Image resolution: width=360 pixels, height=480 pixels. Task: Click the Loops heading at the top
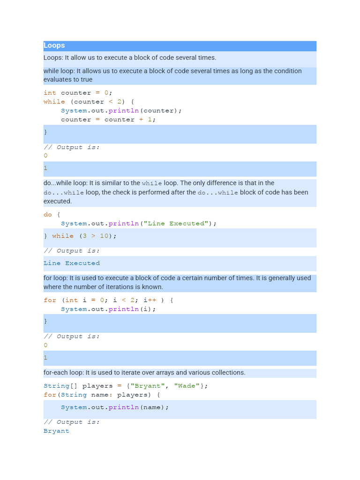[54, 45]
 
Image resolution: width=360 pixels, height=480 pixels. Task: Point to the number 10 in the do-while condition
[104, 236]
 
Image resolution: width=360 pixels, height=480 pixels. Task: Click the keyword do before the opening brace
[48, 215]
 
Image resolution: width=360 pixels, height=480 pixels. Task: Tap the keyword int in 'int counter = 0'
[50, 93]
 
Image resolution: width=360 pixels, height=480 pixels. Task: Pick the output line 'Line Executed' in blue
[71, 263]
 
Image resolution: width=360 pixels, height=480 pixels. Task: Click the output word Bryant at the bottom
[56, 431]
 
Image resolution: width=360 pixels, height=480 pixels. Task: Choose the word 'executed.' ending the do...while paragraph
[58, 201]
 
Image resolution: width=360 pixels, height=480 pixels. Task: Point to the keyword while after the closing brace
[63, 236]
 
